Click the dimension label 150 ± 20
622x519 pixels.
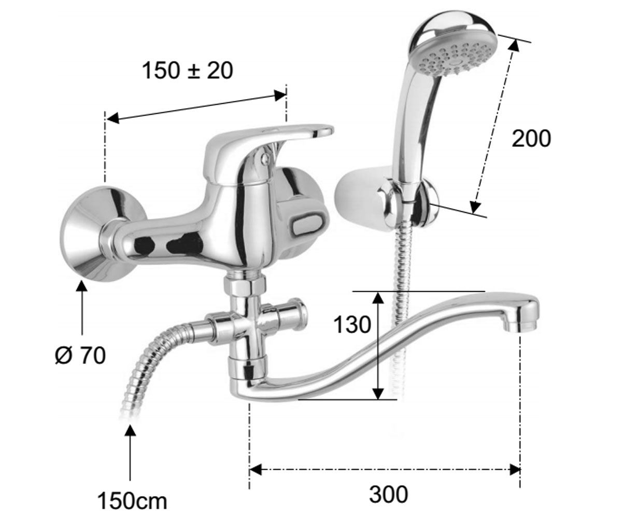[188, 71]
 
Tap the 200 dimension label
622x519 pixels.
[531, 139]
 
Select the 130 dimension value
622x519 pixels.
[352, 324]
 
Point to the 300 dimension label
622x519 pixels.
[388, 494]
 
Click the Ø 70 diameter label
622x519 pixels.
[80, 356]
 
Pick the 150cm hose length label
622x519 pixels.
[132, 502]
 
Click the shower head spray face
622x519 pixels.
[456, 61]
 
